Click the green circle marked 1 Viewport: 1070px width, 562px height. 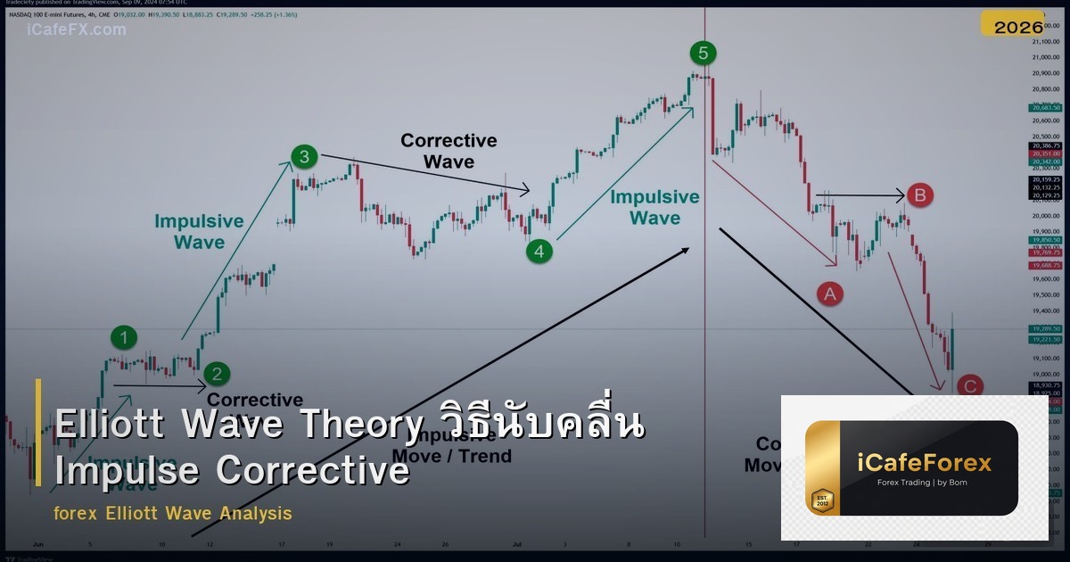pos(124,337)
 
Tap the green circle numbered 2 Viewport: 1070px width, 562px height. pos(215,374)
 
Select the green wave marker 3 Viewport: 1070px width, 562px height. pos(304,158)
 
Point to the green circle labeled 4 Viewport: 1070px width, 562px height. pos(539,252)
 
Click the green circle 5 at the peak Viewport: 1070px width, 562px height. pos(703,54)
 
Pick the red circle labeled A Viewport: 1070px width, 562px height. pos(830,293)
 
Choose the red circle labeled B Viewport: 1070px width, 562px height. pos(920,194)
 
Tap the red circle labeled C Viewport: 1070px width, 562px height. pos(969,386)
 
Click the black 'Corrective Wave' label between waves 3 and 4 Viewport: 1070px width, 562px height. pos(449,151)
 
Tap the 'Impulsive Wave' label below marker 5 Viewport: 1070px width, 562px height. pos(654,208)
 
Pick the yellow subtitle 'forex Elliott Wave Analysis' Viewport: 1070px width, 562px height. pos(173,514)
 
